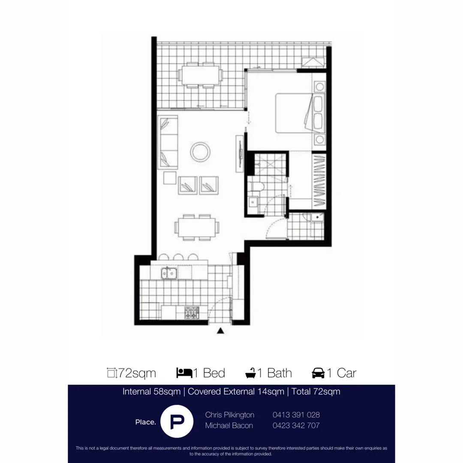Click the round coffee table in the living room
pyautogui.click(x=200, y=152)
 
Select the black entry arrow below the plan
pyautogui.click(x=220, y=331)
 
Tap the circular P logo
pyautogui.click(x=176, y=421)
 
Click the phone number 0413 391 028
pyautogui.click(x=296, y=415)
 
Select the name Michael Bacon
pyautogui.click(x=229, y=425)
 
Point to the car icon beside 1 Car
pyautogui.click(x=318, y=373)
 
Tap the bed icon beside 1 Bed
pyautogui.click(x=184, y=373)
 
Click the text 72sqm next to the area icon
pyautogui.click(x=137, y=373)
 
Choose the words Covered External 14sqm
pyautogui.click(x=236, y=391)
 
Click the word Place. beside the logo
pyautogui.click(x=145, y=422)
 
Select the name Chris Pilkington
pyautogui.click(x=230, y=415)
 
